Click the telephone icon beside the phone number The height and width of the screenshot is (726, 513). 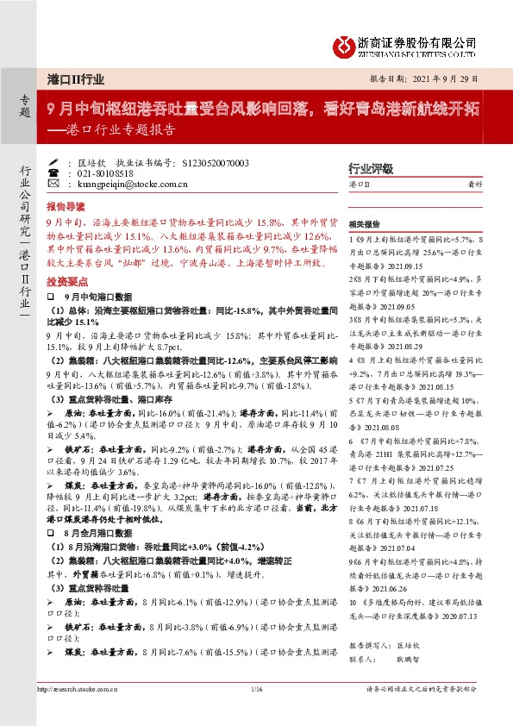tap(53, 172)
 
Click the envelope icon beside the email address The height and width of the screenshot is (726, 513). tap(53, 184)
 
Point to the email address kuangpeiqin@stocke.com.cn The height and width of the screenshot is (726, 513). tap(128, 184)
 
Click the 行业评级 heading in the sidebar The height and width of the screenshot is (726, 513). tap(370, 169)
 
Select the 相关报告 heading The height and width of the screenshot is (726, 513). tap(365, 221)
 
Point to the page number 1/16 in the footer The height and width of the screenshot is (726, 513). tap(256, 689)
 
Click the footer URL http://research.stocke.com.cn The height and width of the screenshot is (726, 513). tap(78, 689)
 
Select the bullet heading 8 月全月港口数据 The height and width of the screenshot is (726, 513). tap(91, 534)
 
